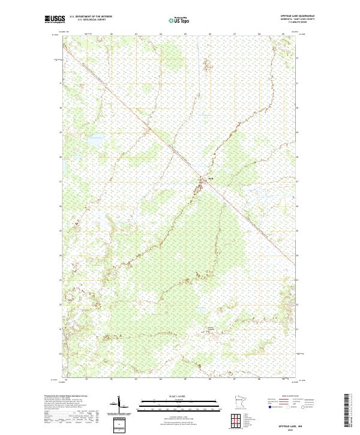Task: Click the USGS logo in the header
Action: click(x=55, y=19)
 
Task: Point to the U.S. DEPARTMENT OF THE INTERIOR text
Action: click(x=91, y=17)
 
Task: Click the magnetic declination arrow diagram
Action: click(x=120, y=403)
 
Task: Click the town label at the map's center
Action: click(x=211, y=178)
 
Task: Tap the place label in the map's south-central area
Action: click(x=211, y=328)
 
